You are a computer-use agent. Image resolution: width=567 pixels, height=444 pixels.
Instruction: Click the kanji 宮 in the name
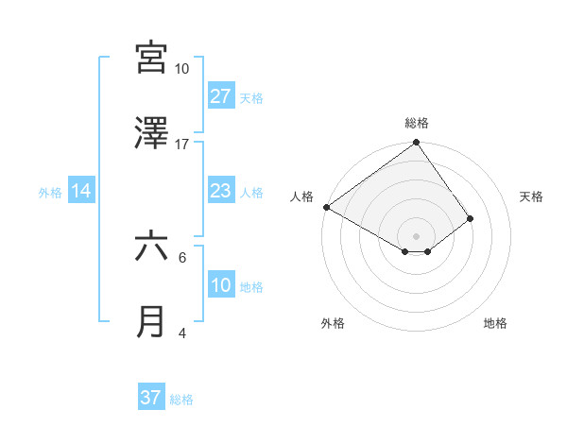[151, 58]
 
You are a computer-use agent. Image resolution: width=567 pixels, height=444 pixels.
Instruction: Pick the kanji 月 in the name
[151, 321]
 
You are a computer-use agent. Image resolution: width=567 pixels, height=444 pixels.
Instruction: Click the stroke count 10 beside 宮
[181, 69]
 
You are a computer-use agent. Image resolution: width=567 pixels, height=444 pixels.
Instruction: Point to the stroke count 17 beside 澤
[181, 144]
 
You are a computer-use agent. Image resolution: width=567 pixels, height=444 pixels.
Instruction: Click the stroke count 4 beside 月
[182, 333]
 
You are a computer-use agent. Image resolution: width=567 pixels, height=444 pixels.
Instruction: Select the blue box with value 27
[220, 96]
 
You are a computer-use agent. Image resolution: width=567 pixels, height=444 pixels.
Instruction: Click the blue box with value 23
[220, 192]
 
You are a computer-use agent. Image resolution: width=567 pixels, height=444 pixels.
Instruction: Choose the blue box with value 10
[220, 285]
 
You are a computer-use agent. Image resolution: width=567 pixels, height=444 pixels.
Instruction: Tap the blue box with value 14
[81, 192]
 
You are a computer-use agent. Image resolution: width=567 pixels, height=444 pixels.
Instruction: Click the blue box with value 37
[150, 398]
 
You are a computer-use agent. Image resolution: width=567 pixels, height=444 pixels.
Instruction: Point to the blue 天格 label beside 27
[251, 97]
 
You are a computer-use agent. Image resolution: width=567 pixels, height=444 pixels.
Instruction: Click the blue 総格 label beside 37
[181, 399]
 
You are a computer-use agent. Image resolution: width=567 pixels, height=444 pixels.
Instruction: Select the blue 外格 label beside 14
[50, 193]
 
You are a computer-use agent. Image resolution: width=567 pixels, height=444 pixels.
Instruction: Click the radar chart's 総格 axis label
[417, 123]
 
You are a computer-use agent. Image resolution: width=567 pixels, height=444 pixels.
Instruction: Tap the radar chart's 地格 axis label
[495, 323]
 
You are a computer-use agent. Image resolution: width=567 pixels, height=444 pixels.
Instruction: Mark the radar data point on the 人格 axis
[326, 207]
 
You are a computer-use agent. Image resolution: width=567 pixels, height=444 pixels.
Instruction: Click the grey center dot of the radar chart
[417, 235]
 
